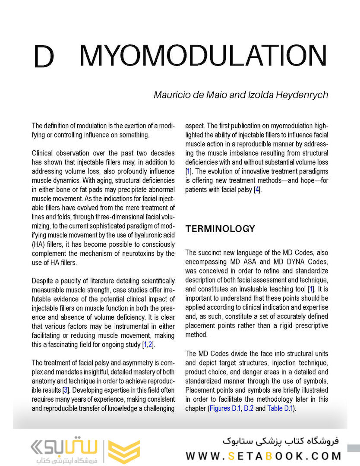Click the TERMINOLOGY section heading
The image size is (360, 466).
click(x=220, y=229)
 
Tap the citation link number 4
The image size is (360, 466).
click(x=257, y=189)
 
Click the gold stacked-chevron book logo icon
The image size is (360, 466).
click(x=123, y=451)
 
